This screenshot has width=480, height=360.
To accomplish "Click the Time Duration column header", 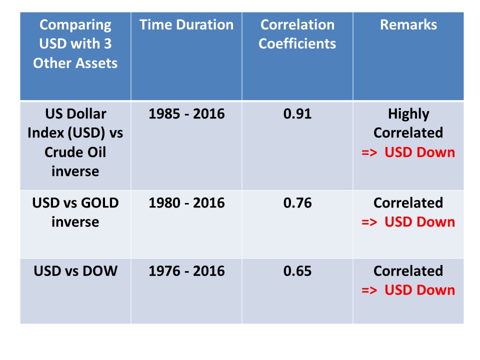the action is click(x=186, y=25).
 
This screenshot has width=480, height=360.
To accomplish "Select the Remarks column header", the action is click(x=408, y=25).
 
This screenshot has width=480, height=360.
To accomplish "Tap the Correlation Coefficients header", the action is click(x=297, y=34).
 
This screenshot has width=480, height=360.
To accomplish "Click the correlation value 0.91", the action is click(x=297, y=114).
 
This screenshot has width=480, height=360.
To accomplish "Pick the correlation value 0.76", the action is click(x=297, y=203).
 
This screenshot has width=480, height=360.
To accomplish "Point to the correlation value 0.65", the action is click(x=297, y=271).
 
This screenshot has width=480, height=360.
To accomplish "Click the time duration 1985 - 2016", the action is click(x=186, y=114).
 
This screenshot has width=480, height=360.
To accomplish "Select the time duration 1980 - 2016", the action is click(x=186, y=203).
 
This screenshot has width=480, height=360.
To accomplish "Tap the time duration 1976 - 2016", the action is click(x=186, y=271).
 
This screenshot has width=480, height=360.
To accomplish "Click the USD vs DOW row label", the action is click(x=75, y=271).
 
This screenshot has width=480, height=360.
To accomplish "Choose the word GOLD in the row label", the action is click(x=100, y=203).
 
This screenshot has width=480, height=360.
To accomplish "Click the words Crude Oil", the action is click(x=75, y=152).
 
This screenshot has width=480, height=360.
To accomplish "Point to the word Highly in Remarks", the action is click(x=408, y=114).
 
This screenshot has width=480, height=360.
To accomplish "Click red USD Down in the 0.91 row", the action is click(x=419, y=152).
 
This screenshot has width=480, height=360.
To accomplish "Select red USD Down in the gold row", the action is click(x=419, y=222).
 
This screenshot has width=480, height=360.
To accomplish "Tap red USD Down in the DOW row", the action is click(x=419, y=290).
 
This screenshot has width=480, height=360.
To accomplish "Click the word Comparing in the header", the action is click(x=75, y=25).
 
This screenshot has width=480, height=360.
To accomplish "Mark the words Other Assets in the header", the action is click(x=75, y=63).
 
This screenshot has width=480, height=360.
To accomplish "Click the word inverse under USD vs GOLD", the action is click(x=75, y=222).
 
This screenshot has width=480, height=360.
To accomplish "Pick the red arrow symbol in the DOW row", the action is click(x=369, y=290).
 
